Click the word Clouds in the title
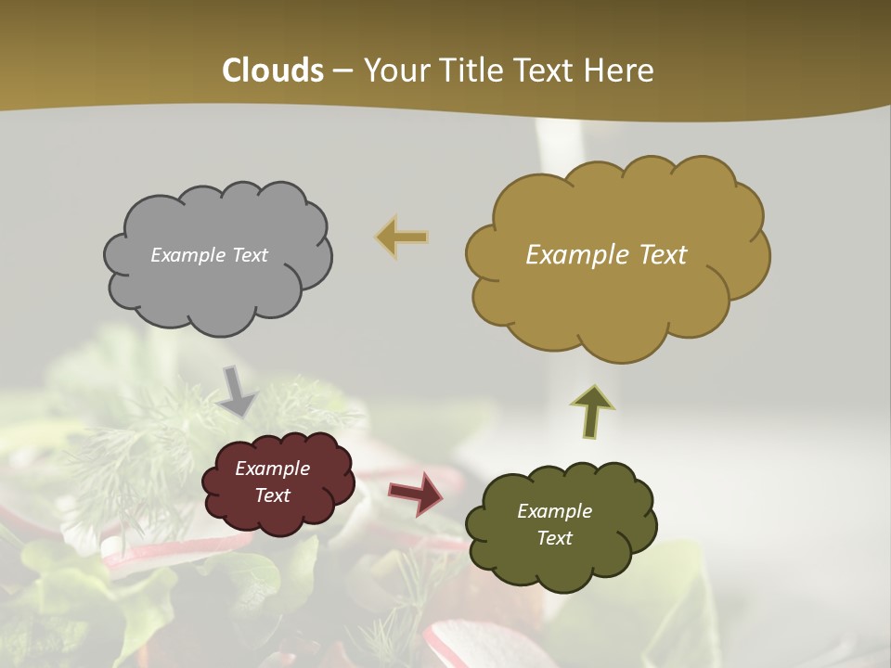point(273,71)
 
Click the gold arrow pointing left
point(402,238)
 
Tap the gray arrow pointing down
point(236,391)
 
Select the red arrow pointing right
point(416,493)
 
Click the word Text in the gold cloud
point(656,255)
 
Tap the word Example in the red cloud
point(272,469)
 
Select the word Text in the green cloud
point(554,538)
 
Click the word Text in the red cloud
point(272,495)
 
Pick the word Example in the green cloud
point(554,511)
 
